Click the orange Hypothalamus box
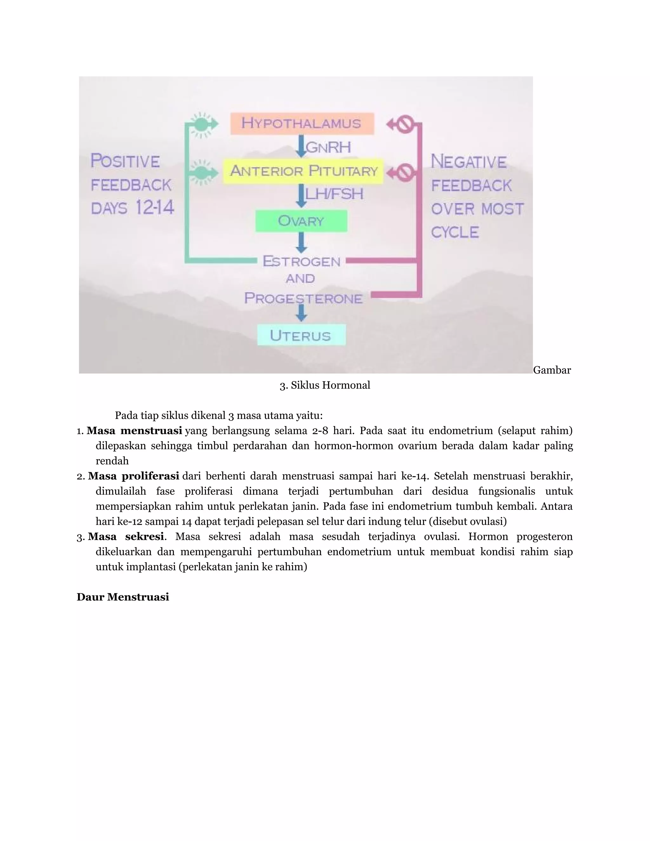point(302,123)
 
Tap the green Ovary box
point(301,221)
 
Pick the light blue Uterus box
point(301,335)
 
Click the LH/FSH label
point(334,194)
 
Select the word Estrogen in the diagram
point(302,262)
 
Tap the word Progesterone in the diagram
point(303,298)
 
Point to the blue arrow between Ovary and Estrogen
point(301,242)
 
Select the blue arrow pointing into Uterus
point(301,313)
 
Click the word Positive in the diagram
point(125,161)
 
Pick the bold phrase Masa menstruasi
point(134,431)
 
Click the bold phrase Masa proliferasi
point(134,476)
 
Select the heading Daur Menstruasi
point(123,597)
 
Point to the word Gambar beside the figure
point(552,370)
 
